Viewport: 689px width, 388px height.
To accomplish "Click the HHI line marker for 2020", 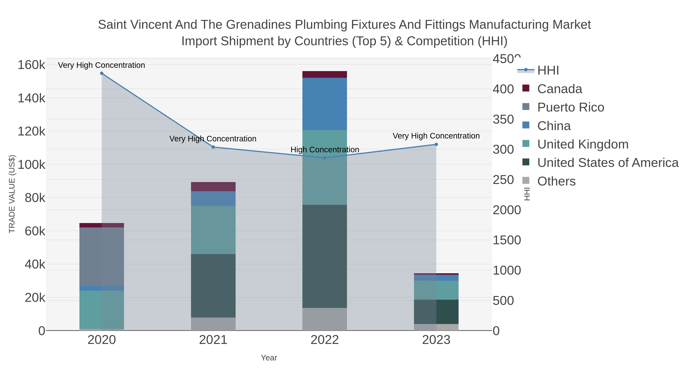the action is point(102,73).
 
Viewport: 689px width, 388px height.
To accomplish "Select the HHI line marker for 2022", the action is point(325,158).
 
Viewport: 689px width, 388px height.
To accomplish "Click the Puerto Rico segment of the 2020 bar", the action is point(102,257).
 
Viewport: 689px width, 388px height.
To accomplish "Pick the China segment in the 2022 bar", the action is point(325,104).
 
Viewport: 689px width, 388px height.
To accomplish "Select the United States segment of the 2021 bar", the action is point(213,286).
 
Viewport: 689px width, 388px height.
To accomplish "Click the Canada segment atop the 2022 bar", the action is point(325,75).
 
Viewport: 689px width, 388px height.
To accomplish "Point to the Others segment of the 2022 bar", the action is point(325,319).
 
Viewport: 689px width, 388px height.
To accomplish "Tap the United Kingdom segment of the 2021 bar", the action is point(213,230).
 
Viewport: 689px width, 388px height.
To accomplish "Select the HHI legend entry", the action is point(538,70).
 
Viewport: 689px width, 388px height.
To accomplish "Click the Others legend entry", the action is point(549,181).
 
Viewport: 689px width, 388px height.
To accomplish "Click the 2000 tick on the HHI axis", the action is point(507,210).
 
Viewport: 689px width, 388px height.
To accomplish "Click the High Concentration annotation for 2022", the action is point(325,150).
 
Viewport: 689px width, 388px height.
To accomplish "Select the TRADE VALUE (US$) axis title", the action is point(12,194).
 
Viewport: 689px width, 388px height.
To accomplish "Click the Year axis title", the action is point(269,358).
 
